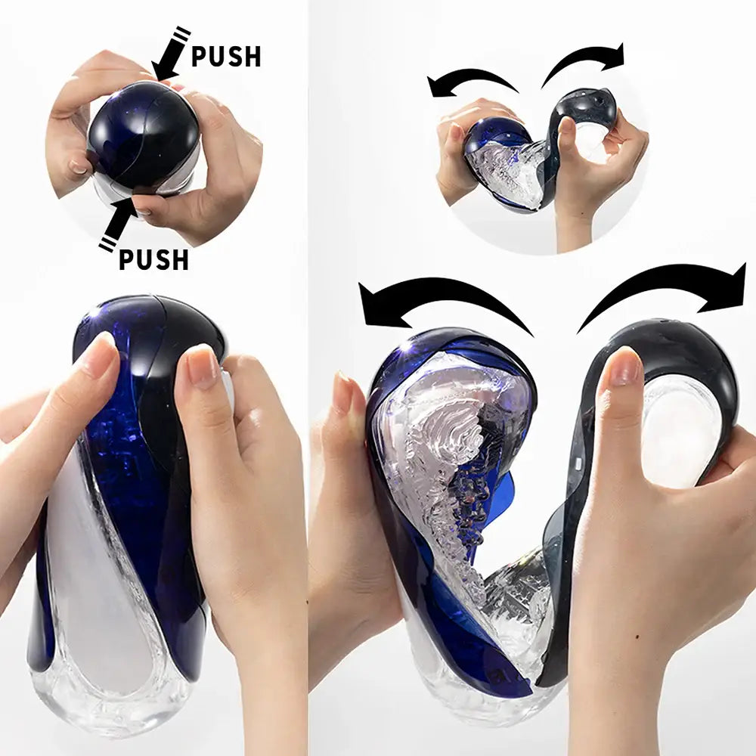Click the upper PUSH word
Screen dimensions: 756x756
225,57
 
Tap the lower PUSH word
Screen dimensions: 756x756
153,259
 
